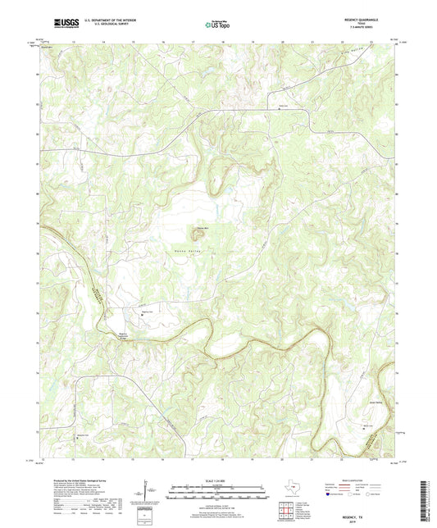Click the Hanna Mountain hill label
coord(202,229)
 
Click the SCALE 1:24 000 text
coord(217,480)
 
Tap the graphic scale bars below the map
coord(217,493)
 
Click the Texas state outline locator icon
coord(291,489)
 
